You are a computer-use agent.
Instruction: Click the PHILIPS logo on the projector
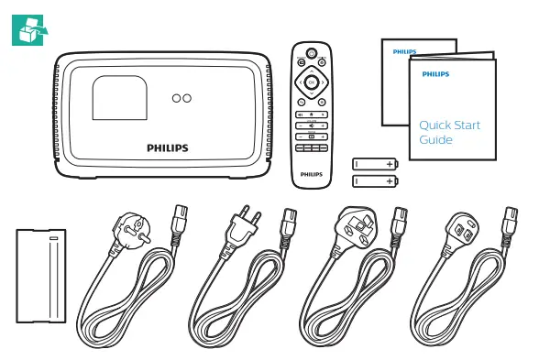coord(167,147)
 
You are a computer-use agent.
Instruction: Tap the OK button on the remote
coord(312,82)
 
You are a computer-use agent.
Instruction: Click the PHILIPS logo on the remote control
coord(312,171)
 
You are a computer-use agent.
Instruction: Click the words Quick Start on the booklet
coord(449,125)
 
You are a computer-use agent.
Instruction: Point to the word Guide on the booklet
coord(435,140)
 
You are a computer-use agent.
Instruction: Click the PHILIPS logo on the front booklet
coord(435,71)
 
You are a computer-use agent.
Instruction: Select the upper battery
coord(376,164)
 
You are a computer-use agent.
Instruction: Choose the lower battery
coord(376,181)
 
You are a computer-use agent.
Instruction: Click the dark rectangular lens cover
coord(42,274)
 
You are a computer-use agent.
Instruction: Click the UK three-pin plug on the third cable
coord(353,225)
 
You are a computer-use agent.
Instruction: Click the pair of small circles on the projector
coord(181,96)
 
